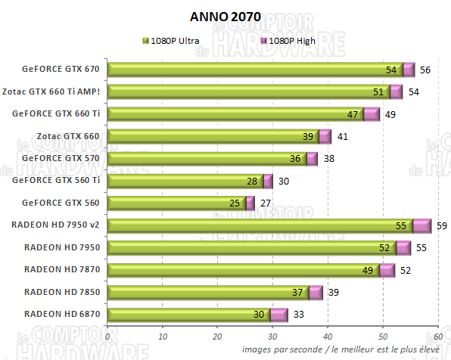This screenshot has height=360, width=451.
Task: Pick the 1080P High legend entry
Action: point(287,41)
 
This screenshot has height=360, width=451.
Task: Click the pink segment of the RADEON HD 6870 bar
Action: point(279,314)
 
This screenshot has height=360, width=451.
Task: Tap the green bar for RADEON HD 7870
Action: point(242,269)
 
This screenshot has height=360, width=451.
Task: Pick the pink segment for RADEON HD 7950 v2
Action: point(421,225)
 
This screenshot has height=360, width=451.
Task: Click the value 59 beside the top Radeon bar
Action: point(441,225)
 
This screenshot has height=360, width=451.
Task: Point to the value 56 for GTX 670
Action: point(425,70)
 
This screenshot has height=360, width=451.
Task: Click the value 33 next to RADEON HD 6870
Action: point(298,314)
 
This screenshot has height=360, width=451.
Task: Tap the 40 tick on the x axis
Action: point(328,337)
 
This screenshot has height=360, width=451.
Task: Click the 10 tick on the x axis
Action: point(163,337)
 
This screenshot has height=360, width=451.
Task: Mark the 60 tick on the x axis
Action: point(437,337)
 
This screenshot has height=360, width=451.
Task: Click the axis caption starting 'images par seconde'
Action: point(342,350)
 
